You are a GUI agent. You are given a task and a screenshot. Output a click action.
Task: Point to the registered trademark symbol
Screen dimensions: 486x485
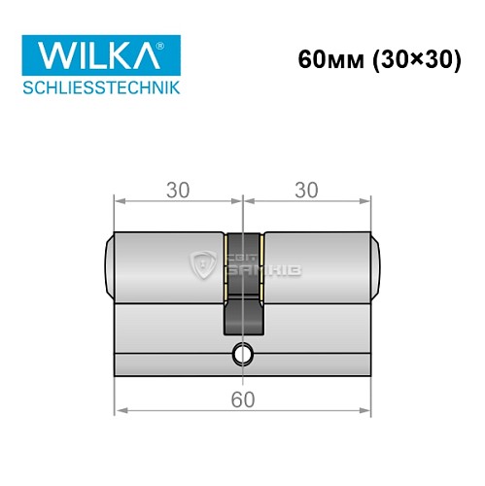[x=172, y=43]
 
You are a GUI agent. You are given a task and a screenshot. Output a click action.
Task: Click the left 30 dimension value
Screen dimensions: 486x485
[x=177, y=191]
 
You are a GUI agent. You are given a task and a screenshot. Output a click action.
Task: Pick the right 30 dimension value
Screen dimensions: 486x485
[x=307, y=191]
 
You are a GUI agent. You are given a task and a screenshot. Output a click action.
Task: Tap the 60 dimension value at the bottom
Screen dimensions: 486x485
[x=242, y=399]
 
